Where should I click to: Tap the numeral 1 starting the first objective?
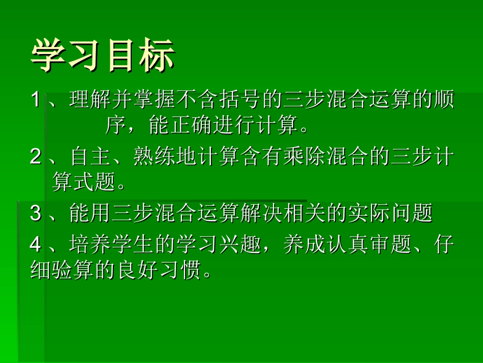(35, 100)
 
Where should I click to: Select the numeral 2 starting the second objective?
(35, 157)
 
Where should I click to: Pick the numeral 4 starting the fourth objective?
(35, 244)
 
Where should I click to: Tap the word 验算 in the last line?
(63, 270)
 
